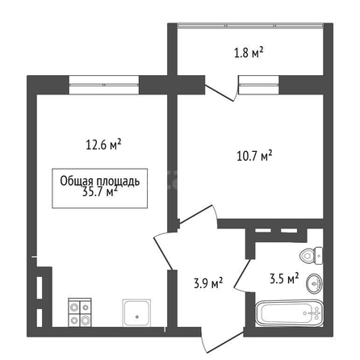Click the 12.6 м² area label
tap(103, 144)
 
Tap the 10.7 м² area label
tap(254, 156)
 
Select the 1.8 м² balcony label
tap(249, 52)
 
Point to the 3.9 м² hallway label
tap(208, 283)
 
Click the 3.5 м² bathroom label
tap(284, 278)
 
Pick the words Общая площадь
tap(100, 182)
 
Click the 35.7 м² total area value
tap(100, 192)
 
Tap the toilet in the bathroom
tap(311, 256)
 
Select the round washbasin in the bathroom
tap(314, 283)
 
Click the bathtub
tap(289, 313)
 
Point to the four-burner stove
tap(80, 312)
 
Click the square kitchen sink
tap(136, 312)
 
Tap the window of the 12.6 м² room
tap(104, 85)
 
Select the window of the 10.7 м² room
tap(258, 85)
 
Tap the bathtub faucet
tap(316, 313)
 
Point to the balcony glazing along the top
tap(250, 26)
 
